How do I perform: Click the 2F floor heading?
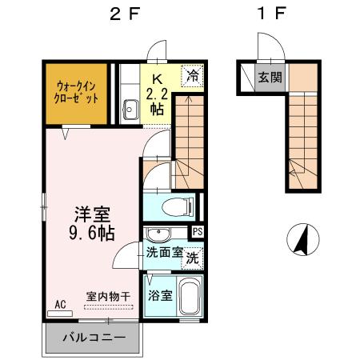pyautogui.click(x=122, y=13)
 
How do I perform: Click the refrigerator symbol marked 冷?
pyautogui.click(x=193, y=77)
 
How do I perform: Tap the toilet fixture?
pyautogui.click(x=175, y=207)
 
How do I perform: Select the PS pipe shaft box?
pyautogui.click(x=198, y=233)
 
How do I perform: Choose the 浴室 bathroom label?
pyautogui.click(x=158, y=295)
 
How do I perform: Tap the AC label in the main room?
pyautogui.click(x=61, y=304)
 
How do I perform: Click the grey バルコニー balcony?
pyautogui.click(x=93, y=337)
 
